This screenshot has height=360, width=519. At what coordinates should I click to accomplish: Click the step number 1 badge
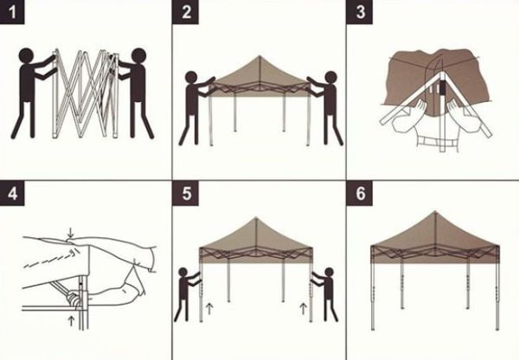(x=12, y=13)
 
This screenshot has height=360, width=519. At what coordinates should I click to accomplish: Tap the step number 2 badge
(x=187, y=13)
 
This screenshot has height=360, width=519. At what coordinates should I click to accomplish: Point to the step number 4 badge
(x=12, y=193)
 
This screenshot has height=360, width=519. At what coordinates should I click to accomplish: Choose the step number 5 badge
(x=187, y=193)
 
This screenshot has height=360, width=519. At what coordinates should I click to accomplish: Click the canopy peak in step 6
(x=434, y=214)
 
